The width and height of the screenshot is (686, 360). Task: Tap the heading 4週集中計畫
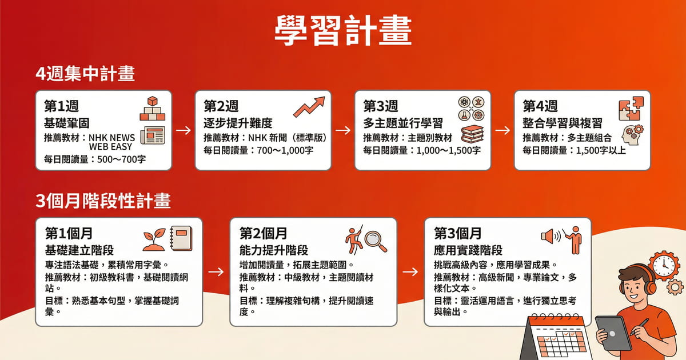point(85,75)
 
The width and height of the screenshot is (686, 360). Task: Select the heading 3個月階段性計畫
point(103,202)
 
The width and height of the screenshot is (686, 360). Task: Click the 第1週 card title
point(61,106)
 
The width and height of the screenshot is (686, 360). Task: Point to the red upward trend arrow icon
point(309,106)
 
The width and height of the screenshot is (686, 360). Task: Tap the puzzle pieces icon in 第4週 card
point(631,109)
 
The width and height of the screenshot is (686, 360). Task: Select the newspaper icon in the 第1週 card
point(152,134)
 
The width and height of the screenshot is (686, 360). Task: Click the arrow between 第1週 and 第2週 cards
point(184,130)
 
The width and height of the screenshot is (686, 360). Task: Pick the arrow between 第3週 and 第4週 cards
point(502,130)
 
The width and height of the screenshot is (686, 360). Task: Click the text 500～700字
point(118,158)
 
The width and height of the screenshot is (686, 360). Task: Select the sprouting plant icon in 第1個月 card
point(155,239)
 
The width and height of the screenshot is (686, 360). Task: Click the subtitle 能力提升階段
point(274,250)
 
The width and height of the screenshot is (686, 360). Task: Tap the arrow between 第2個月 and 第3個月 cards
point(410,271)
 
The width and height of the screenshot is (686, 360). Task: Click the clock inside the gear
point(663,265)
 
